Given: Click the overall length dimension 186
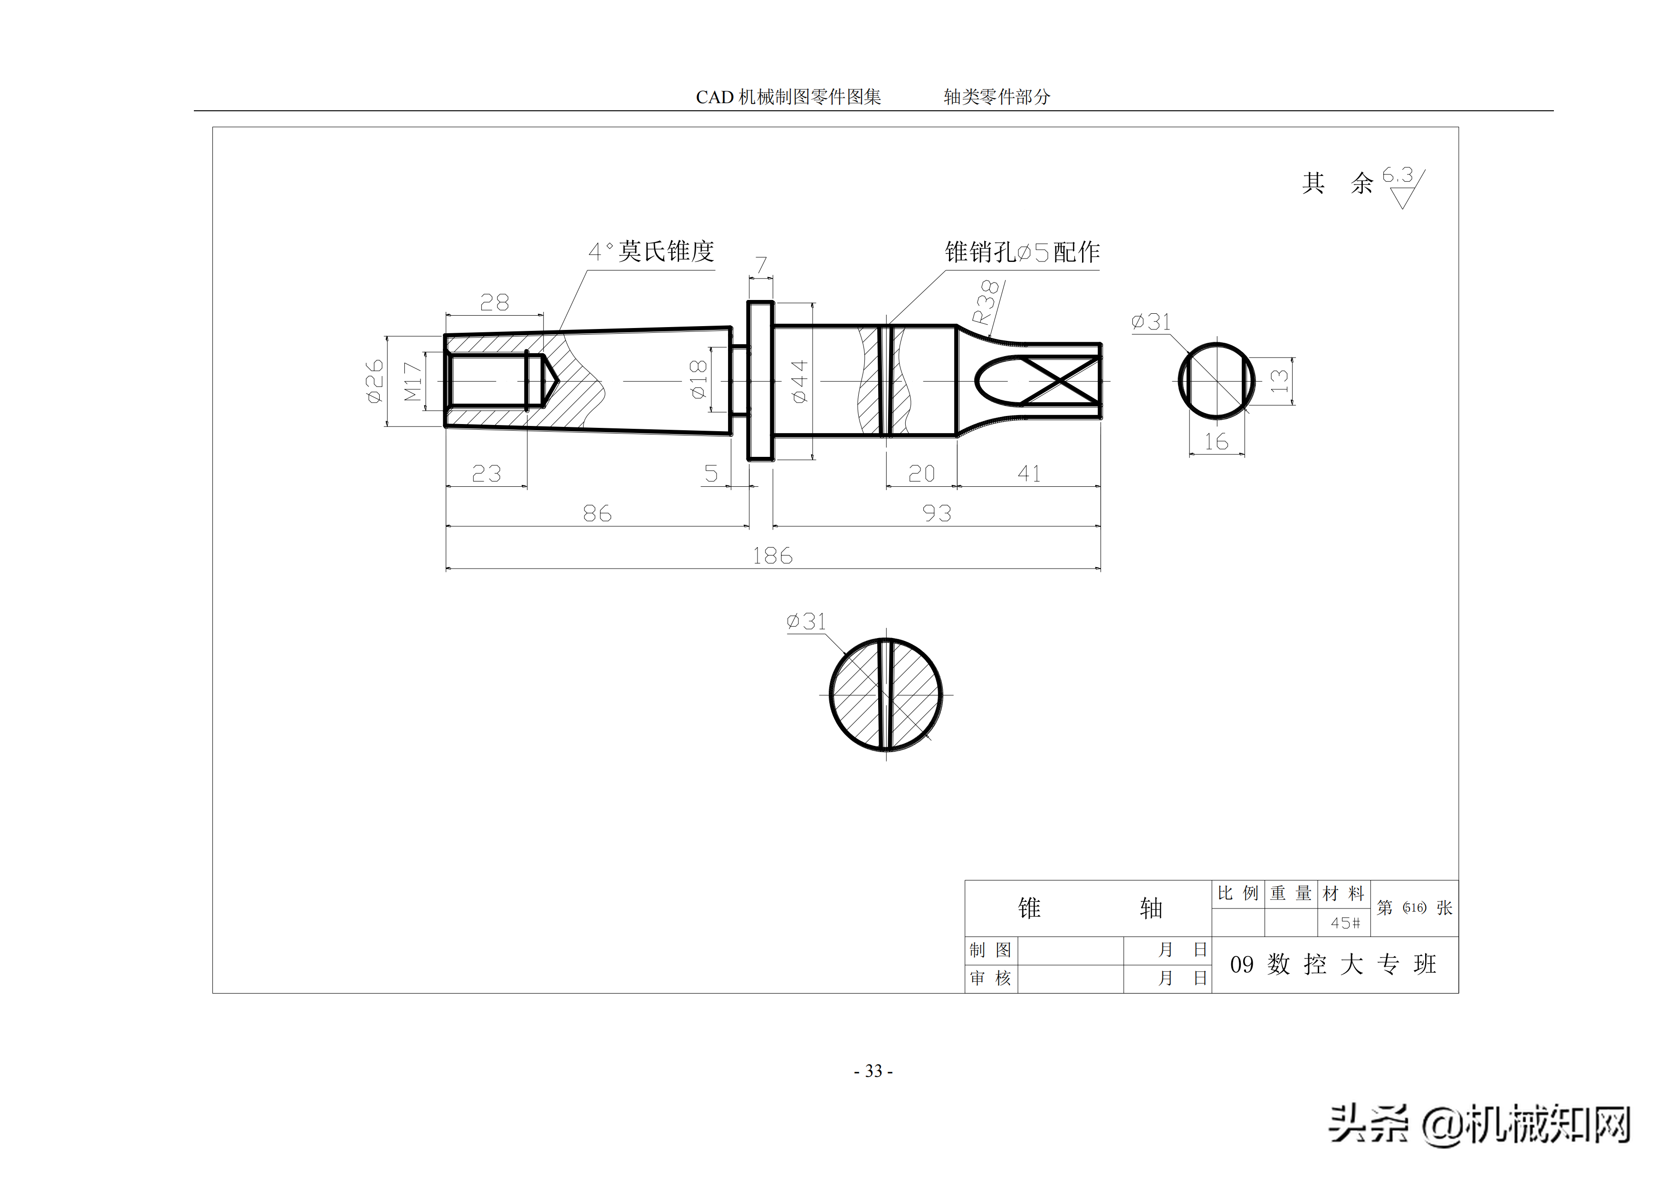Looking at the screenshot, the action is click(772, 556).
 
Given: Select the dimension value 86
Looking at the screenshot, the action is click(597, 513).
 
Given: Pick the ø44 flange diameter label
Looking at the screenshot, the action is click(799, 381).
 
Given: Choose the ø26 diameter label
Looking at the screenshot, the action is click(374, 381).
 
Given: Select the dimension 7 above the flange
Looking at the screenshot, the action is click(761, 265).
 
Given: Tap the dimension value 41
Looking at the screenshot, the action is click(1029, 474).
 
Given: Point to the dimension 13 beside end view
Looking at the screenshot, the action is click(1279, 381).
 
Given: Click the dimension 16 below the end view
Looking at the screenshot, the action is click(1216, 442).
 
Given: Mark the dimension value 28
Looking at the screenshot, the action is click(494, 302).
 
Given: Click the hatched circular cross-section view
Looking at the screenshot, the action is click(886, 695).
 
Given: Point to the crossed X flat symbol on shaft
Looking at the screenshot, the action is click(1060, 381).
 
